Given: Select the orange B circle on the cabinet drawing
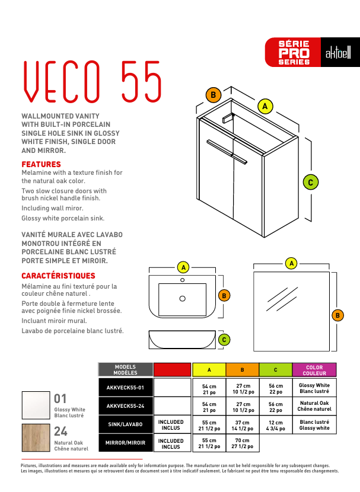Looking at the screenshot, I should pos(213,94).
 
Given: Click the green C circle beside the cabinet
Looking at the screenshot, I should pos(310,182).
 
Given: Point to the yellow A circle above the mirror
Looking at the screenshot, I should pos(291,263).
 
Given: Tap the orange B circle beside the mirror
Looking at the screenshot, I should pos(337,315).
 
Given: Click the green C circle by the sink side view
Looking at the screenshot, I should pos(224,340).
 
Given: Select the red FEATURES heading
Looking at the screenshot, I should pos(41,164).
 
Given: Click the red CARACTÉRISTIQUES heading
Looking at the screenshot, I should pos(58,276).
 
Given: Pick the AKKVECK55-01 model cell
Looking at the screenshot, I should pos(125,388).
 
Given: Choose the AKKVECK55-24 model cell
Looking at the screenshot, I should pos(125,407).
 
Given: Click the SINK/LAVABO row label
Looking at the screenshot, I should pos(125,425).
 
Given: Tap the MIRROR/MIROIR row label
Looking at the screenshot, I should pos(125,443).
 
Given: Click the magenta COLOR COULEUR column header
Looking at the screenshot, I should pos(314,370).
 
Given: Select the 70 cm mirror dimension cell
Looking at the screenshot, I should pos(242,443).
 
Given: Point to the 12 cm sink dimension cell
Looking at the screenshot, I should pos(276,425).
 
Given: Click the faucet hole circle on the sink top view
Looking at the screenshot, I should pos(183,279).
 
